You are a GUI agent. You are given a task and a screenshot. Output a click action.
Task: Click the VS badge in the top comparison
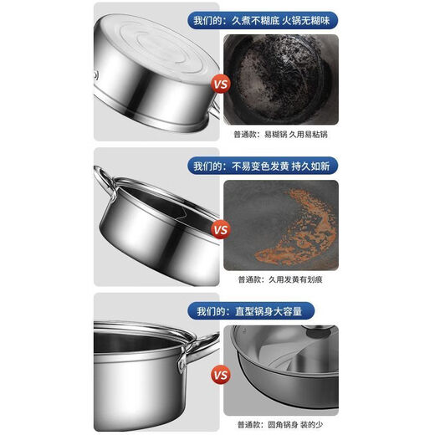(221, 84)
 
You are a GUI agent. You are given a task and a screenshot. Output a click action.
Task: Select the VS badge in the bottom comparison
(221, 376)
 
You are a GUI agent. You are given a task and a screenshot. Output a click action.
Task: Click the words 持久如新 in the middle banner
(315, 166)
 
